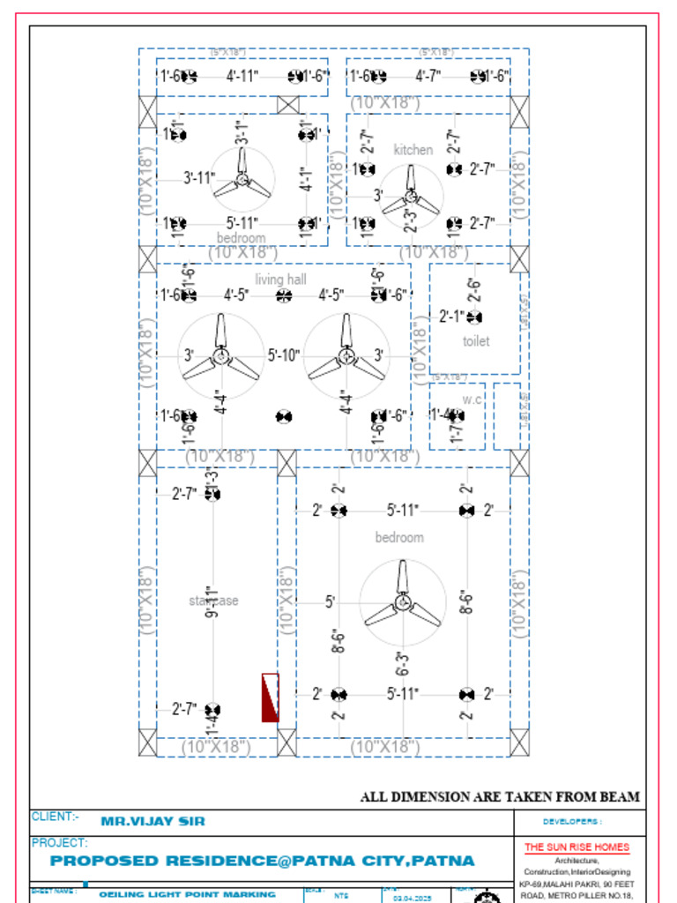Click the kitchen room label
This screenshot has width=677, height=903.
413,150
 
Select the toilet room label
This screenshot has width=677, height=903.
476,341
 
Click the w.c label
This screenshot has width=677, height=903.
472,399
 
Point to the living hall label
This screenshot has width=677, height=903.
280,280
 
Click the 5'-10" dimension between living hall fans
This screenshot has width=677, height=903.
284,355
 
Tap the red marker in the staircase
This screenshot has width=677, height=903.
271,698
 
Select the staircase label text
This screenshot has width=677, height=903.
213,601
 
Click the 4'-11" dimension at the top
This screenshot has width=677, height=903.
242,76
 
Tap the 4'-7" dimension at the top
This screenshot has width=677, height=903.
428,76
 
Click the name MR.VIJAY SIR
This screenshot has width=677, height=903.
153,821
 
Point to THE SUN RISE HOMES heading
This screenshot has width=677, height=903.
577,847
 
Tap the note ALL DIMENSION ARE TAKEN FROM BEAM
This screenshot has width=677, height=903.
500,797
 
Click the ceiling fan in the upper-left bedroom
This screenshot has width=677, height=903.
242,179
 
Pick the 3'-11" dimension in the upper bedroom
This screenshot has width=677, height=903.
199,177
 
